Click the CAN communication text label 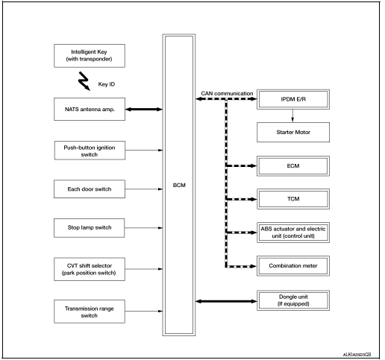click(225, 94)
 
